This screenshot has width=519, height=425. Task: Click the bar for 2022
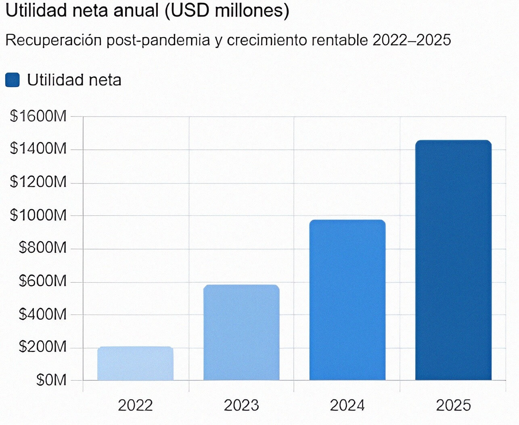135,363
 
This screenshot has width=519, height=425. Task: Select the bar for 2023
241,332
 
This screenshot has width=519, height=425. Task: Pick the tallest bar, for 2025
453,260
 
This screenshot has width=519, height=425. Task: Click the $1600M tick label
38,116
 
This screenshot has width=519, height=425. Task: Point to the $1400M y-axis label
38,149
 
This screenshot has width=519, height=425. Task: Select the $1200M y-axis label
38,182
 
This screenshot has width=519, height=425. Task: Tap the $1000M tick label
38,215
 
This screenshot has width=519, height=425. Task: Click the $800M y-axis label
42,248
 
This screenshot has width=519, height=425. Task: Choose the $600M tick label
42,281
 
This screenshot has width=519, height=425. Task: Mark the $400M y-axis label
42,314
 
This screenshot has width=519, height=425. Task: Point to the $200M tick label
42,347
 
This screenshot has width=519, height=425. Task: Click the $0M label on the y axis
51,380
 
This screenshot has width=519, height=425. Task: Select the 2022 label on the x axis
135,405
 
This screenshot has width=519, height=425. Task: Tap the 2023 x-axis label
241,405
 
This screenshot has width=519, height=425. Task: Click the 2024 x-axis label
347,405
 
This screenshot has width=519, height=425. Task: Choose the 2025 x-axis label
453,405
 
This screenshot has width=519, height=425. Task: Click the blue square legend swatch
13,80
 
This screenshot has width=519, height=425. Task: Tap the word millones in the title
252,11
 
